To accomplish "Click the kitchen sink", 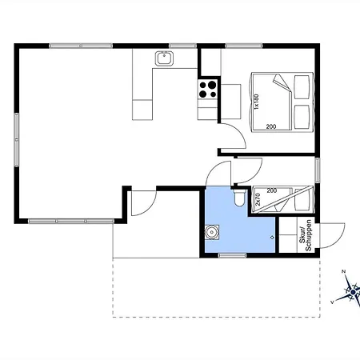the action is point(164,58).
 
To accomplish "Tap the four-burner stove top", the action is point(208,90).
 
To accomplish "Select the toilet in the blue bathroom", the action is point(239,198).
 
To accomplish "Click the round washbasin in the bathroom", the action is point(212,233).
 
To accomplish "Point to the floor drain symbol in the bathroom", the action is point(272,237).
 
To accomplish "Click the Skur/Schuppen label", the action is point(306,235).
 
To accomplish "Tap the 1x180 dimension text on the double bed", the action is point(256,102).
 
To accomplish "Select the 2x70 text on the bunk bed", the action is point(258,199).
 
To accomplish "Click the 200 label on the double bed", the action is point(271,126).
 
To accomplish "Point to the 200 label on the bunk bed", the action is point(272,190).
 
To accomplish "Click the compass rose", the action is point(350,290).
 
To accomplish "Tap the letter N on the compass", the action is point(344,272).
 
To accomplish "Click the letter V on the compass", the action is point(332,302).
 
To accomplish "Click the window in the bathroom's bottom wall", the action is point(232,255).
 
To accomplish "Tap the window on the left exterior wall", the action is point(17,139).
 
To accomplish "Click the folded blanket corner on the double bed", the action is point(282,82).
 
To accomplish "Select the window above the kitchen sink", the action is point(182,46).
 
